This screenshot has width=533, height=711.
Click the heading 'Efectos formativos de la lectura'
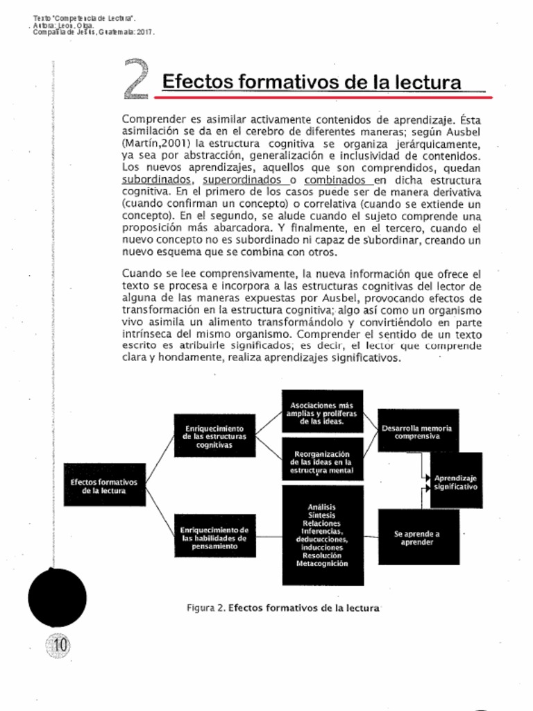tap(312, 82)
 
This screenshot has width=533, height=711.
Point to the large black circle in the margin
tap(58, 596)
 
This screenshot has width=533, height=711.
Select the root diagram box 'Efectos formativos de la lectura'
tap(105, 485)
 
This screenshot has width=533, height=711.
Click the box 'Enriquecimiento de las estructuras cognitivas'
tap(214, 436)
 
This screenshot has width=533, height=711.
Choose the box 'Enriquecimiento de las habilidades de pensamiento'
tap(214, 537)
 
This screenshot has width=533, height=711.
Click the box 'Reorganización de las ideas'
tap(322, 460)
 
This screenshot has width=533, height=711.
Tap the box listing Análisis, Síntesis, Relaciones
tap(322, 535)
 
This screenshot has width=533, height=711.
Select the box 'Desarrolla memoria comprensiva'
tap(418, 432)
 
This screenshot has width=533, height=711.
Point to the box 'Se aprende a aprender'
tap(418, 537)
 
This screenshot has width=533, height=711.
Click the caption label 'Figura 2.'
tap(206, 608)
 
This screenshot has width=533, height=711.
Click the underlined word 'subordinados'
tap(155, 178)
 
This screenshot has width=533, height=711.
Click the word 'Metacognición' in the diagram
tap(322, 564)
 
